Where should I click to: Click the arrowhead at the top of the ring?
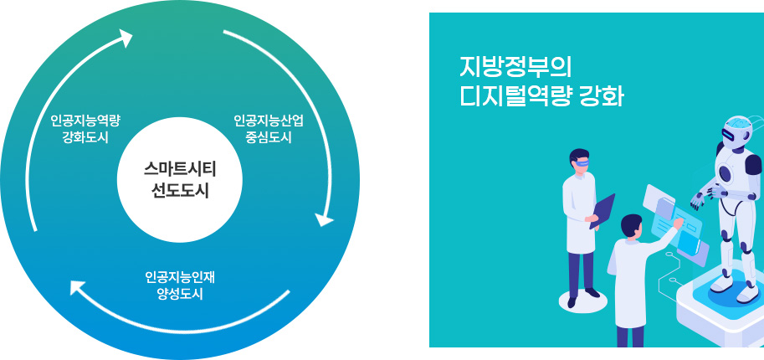click(126, 37)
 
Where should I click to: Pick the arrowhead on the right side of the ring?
click(324, 219)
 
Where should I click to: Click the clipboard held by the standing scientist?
click(602, 209)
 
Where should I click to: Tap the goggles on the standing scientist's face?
click(583, 163)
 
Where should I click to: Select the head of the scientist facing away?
click(632, 226)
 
